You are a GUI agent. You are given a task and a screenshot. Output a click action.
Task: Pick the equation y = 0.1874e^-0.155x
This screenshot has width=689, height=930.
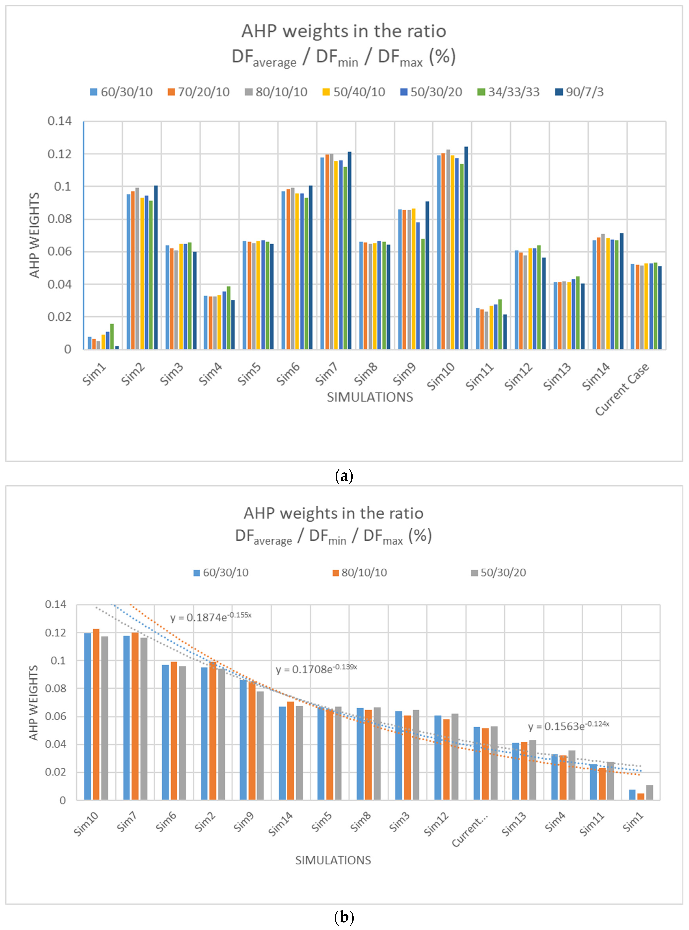tap(211, 617)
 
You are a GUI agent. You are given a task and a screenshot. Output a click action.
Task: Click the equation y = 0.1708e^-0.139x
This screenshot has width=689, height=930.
tap(316, 669)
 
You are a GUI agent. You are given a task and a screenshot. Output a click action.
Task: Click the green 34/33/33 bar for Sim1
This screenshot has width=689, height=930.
tap(112, 336)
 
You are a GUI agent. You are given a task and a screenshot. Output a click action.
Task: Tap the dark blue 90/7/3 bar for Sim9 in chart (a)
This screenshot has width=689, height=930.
tap(427, 275)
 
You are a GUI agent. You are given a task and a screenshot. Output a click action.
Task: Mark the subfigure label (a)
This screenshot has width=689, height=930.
tap(344, 476)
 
